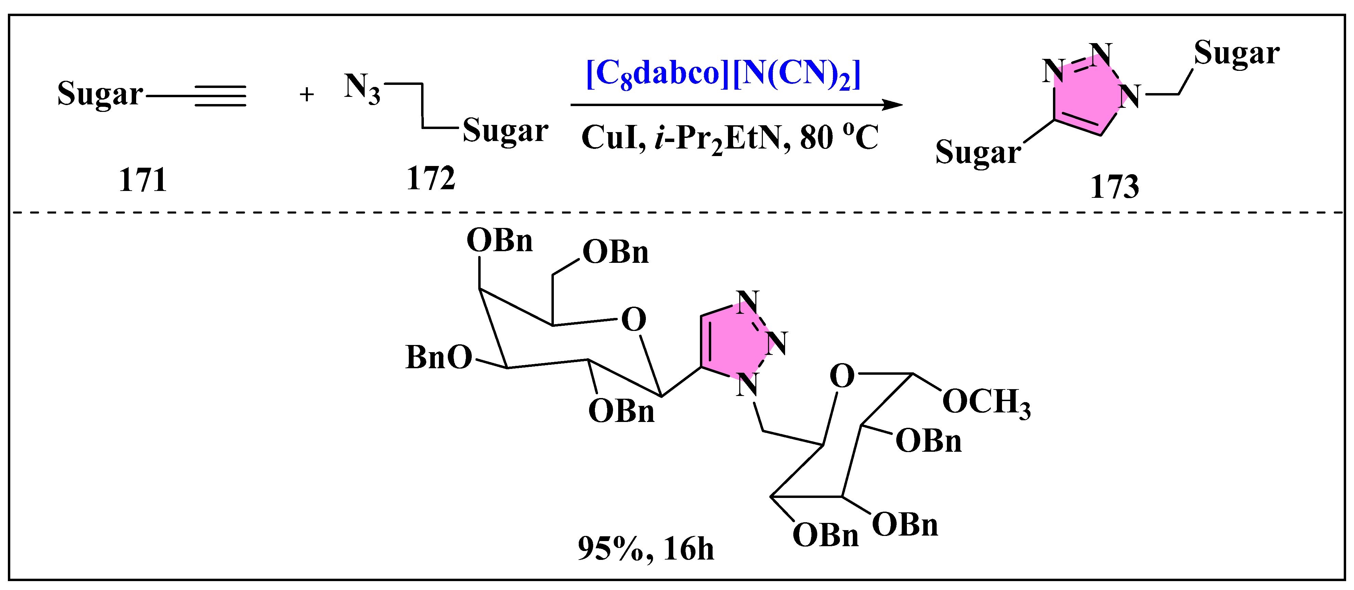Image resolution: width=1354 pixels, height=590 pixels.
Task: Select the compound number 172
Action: pyautogui.click(x=430, y=179)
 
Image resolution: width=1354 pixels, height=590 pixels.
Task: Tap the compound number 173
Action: pyautogui.click(x=1114, y=187)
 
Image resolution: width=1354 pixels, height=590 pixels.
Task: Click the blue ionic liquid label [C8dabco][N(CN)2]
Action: pyautogui.click(x=723, y=74)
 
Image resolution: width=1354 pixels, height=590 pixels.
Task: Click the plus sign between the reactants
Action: pyautogui.click(x=307, y=95)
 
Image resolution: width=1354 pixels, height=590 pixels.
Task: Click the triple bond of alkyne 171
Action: pyautogui.click(x=220, y=96)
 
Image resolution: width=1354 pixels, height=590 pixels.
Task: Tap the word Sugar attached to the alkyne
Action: pyautogui.click(x=100, y=95)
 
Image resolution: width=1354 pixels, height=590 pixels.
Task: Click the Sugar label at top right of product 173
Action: pyautogui.click(x=1236, y=54)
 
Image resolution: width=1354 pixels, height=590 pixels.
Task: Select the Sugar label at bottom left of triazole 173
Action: pyautogui.click(x=978, y=153)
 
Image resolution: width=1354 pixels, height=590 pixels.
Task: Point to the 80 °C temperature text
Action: pyautogui.click(x=839, y=138)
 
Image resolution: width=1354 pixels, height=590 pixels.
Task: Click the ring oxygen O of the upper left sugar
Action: pyautogui.click(x=633, y=320)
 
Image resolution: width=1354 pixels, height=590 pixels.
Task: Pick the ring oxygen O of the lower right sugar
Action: pyautogui.click(x=842, y=376)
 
